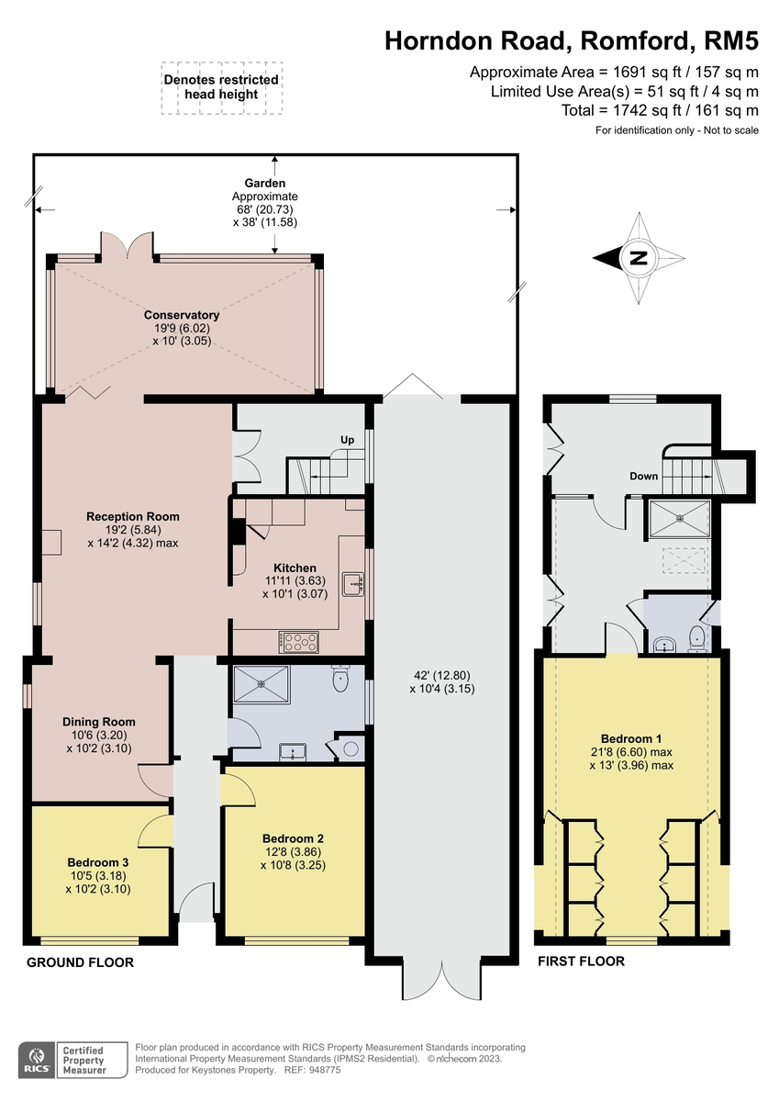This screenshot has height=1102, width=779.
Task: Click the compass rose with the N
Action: (x=639, y=258)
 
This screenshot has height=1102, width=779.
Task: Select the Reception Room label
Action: (x=133, y=516)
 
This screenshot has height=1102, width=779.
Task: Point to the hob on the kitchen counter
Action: (x=301, y=641)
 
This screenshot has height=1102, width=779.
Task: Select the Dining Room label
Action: (x=99, y=722)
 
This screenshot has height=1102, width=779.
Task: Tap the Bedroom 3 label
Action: (x=97, y=862)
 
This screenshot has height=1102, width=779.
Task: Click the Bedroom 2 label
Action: (x=293, y=838)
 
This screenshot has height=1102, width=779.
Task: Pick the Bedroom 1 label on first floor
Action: (x=631, y=738)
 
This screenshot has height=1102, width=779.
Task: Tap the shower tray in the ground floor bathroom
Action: (x=262, y=684)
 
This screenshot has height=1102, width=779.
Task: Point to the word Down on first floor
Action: (x=643, y=477)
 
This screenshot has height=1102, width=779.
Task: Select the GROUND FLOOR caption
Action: (x=80, y=962)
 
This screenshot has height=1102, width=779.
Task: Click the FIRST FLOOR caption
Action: (x=582, y=961)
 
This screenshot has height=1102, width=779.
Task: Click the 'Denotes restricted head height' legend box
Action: (x=221, y=87)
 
